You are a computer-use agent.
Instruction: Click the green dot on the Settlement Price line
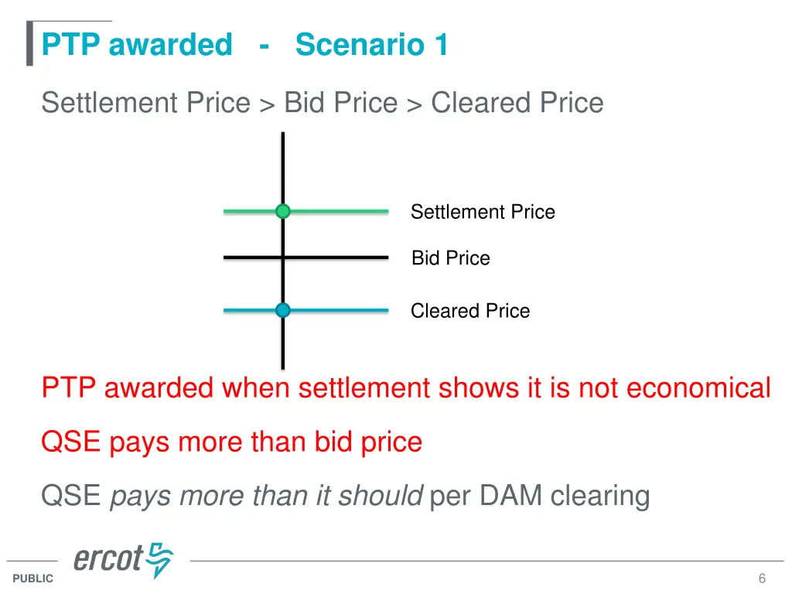283,211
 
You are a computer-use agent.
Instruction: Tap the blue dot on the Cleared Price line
283,310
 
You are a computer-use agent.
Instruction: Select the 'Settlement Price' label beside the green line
483,212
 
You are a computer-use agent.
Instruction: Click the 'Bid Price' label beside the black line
450,258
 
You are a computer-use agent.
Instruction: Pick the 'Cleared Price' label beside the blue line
470,311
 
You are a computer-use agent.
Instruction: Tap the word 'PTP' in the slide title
71,45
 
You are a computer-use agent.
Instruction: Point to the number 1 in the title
441,45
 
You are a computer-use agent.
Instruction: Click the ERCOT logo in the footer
124,559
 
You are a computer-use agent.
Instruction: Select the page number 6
762,579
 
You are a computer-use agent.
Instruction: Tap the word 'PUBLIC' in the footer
33,579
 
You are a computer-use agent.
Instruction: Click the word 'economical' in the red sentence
698,387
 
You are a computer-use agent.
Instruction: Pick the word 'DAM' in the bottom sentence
510,496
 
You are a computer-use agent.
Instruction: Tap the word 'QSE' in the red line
71,442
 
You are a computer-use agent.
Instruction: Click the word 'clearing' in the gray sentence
600,496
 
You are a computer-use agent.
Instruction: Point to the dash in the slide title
265,45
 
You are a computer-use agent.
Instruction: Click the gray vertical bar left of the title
29,43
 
